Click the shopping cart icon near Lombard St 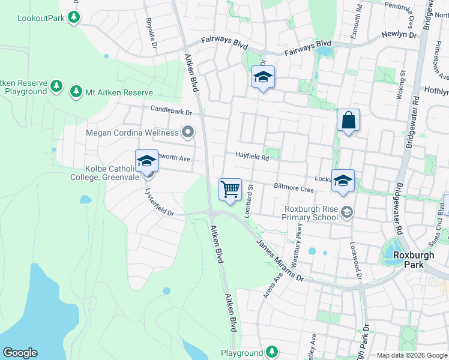coord(230,190)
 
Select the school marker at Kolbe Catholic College coord(146,161)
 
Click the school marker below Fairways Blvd coord(263,77)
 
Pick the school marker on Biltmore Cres coord(343,181)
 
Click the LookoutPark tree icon coord(74,17)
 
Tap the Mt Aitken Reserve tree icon coord(76,92)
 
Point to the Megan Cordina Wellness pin coord(188,132)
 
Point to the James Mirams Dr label coord(280,260)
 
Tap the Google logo coord(20,352)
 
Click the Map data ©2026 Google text coord(411,355)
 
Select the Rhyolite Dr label coord(151,31)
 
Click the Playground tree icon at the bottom coord(272,352)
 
